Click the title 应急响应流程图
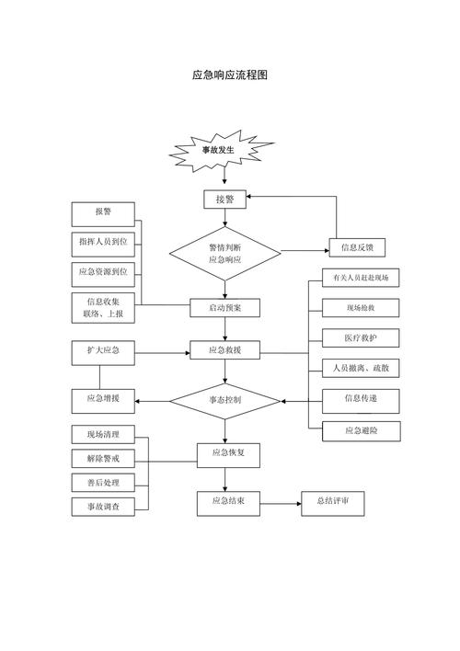point(229,74)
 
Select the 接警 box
point(225,198)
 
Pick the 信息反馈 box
point(356,247)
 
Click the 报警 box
point(103,212)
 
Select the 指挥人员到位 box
point(103,242)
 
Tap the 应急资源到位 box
point(103,272)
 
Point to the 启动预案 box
point(225,306)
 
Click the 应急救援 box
point(225,350)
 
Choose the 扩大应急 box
point(103,350)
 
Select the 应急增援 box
point(103,399)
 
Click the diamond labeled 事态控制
point(225,400)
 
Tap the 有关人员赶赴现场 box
point(360,278)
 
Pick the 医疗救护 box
point(360,337)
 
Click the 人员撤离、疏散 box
point(360,368)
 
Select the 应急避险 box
point(360,429)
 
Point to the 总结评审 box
point(339,502)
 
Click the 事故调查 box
point(103,506)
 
